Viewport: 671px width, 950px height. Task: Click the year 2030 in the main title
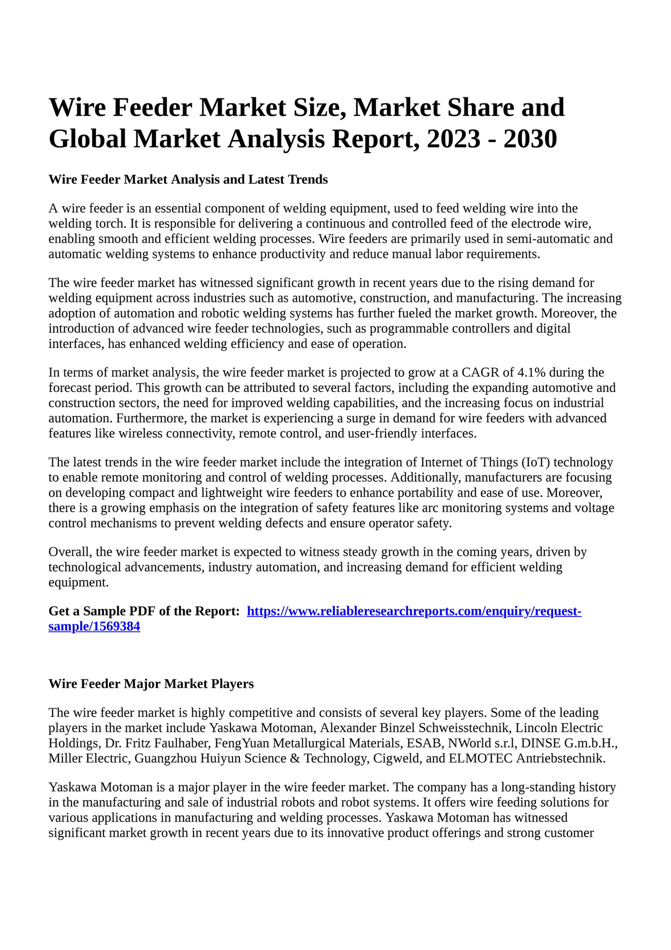coord(530,139)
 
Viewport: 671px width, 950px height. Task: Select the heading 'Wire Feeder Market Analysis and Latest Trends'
coord(188,179)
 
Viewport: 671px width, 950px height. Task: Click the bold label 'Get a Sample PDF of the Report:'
coord(144,611)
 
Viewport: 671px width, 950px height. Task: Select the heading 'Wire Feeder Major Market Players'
coord(151,683)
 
